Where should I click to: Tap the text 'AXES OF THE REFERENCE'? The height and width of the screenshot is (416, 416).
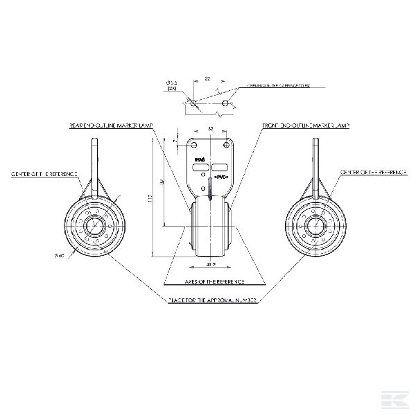tap(214, 282)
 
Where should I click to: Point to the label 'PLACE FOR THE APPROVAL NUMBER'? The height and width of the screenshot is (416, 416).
tap(214, 300)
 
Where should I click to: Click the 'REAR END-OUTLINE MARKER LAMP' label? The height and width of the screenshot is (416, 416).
tap(111, 126)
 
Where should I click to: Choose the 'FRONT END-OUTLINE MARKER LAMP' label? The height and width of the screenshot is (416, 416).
tap(306, 126)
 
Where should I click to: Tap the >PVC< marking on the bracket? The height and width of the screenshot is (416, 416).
tap(221, 178)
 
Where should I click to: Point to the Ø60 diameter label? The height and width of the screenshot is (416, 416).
tap(59, 256)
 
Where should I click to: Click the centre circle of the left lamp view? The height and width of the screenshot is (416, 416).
tap(94, 225)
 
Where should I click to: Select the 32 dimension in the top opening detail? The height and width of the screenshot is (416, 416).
tap(208, 79)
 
